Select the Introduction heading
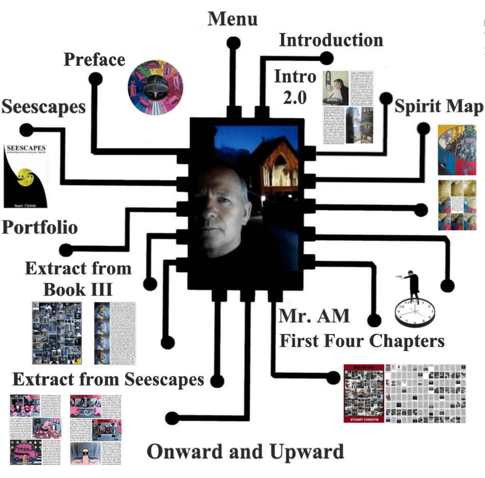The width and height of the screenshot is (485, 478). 330,40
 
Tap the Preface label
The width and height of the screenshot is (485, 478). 94,60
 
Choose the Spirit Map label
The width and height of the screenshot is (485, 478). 439,107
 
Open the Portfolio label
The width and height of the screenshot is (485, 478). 40,227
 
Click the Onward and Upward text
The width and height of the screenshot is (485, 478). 245,451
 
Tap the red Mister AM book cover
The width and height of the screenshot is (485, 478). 364,393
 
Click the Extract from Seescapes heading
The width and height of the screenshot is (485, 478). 108,379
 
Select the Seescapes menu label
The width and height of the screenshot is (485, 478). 43,107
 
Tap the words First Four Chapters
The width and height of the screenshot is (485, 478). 361,341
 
